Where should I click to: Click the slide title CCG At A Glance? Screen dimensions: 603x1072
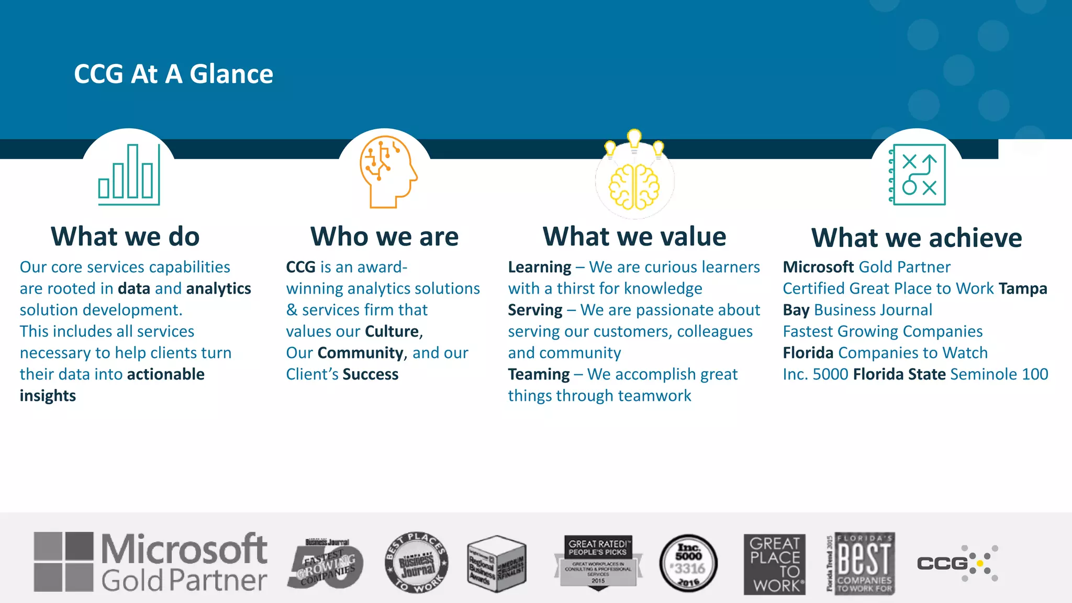coord(173,74)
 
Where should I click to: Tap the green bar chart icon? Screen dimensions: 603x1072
coord(129,174)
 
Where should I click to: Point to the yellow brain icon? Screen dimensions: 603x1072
coord(634,186)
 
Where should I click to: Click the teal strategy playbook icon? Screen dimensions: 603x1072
coord(918,174)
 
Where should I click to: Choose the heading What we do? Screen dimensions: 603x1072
coord(125,237)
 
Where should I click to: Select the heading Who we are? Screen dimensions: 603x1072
coord(384,237)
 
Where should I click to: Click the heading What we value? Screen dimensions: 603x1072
coord(634,237)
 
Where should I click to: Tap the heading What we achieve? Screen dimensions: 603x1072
coord(916,238)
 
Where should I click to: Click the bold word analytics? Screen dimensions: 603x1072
coord(218,288)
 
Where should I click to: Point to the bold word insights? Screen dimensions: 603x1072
coord(48,396)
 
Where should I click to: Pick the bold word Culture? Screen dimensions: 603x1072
coord(392,331)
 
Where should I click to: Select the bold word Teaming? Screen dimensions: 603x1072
coord(539,374)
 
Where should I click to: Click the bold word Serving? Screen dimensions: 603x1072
coord(535,310)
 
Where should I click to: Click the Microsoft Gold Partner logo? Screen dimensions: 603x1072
coord(150,563)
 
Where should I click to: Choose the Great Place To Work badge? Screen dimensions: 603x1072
coord(774,564)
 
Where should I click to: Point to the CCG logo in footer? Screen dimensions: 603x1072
coord(957,563)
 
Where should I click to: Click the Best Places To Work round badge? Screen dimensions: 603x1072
coord(416,563)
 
